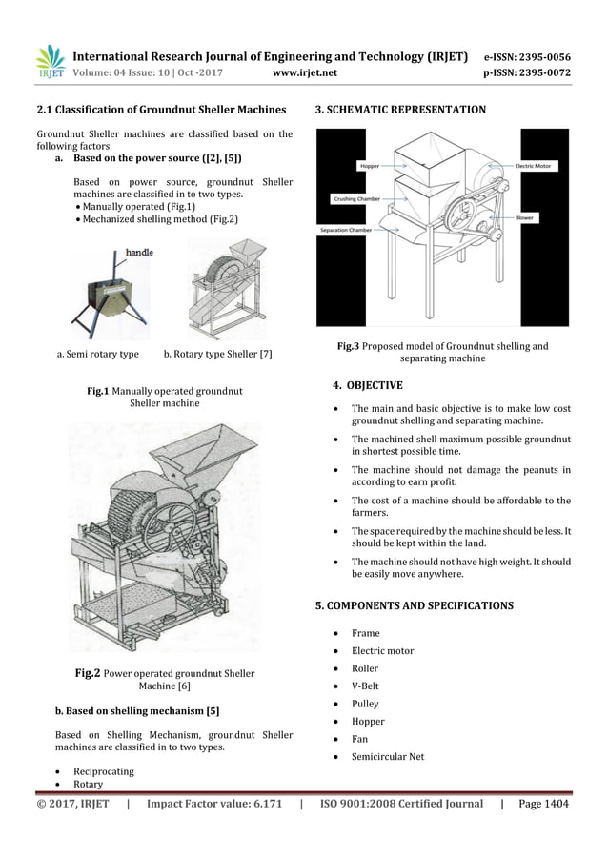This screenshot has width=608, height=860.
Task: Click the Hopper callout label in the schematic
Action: tap(369, 166)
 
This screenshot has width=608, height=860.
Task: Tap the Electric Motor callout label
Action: tap(537, 166)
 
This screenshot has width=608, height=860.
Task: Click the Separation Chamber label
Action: tap(346, 231)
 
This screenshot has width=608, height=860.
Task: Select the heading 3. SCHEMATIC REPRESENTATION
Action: tap(400, 111)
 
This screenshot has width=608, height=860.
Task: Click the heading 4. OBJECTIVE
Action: tap(367, 386)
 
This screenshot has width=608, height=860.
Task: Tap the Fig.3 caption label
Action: tap(347, 346)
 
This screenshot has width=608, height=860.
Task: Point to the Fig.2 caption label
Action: tap(88, 673)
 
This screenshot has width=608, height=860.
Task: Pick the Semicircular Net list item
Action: tap(389, 757)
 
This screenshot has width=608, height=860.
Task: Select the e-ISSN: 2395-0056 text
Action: tap(528, 56)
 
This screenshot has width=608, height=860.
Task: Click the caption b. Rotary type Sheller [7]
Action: tap(218, 355)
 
